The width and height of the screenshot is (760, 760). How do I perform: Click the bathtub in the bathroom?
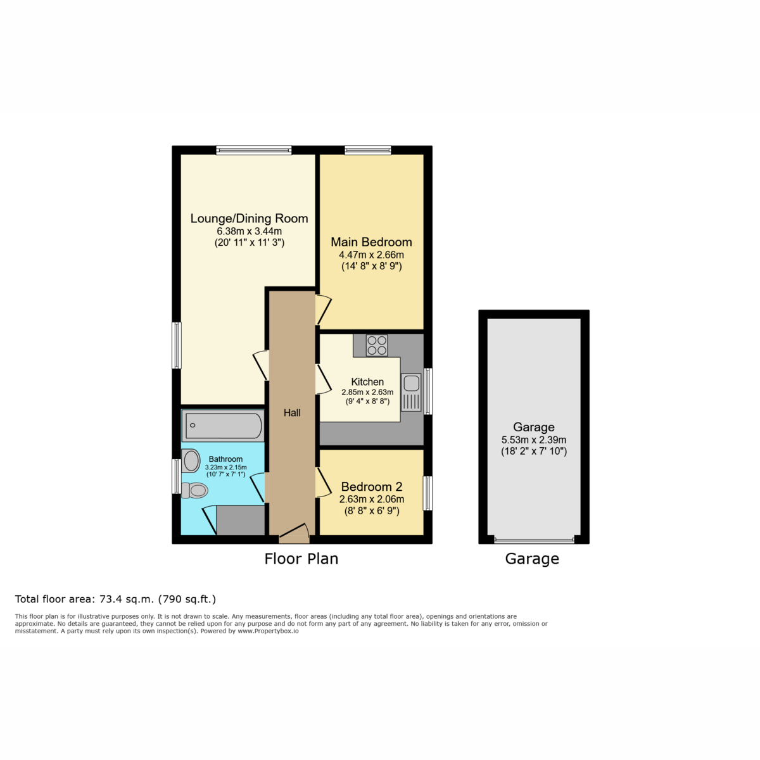pyautogui.click(x=223, y=426)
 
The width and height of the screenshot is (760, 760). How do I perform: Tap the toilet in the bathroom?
pyautogui.click(x=194, y=491)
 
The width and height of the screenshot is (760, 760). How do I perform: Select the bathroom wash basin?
pyautogui.click(x=191, y=460)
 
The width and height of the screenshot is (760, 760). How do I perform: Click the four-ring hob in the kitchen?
pyautogui.click(x=377, y=345)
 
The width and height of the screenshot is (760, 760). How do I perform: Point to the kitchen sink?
pyautogui.click(x=411, y=392)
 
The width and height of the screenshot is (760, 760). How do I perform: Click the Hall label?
pyautogui.click(x=292, y=413)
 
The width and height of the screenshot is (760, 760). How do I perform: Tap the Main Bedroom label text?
pyautogui.click(x=371, y=242)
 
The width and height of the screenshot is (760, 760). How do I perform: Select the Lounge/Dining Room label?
pyautogui.click(x=250, y=218)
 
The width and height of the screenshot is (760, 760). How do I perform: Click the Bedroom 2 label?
pyautogui.click(x=372, y=486)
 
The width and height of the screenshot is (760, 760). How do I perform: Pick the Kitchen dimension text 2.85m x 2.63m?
pyautogui.click(x=367, y=392)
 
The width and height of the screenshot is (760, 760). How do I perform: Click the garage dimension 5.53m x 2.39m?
pyautogui.click(x=534, y=440)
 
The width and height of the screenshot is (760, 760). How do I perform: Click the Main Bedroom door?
pyautogui.click(x=323, y=310)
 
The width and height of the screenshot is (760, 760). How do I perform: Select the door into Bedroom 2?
pyautogui.click(x=323, y=482)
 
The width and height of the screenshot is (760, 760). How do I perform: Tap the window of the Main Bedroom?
pyautogui.click(x=367, y=150)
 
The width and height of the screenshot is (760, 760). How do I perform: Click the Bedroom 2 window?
pyautogui.click(x=427, y=493)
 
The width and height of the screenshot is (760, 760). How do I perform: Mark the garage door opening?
pyautogui.click(x=534, y=540)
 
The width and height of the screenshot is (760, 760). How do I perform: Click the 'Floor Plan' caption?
pyautogui.click(x=301, y=559)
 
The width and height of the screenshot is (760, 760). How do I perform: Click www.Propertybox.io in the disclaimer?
pyautogui.click(x=268, y=631)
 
